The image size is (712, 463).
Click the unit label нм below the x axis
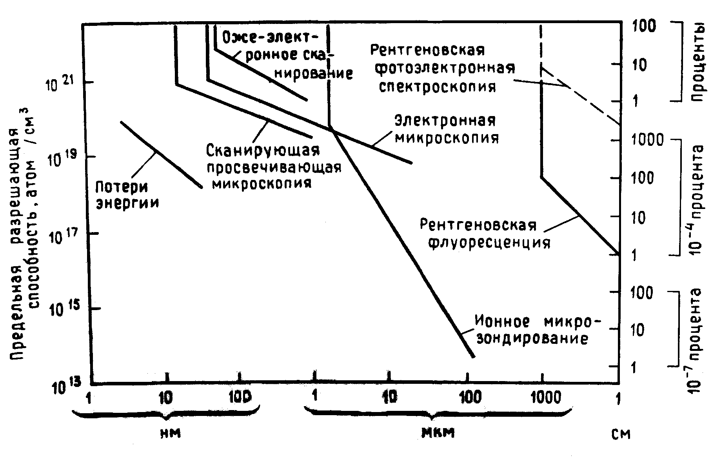click(171, 433)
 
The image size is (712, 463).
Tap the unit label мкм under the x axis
click(438, 433)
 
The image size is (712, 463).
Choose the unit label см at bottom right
click(620, 434)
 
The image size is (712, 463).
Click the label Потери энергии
click(128, 194)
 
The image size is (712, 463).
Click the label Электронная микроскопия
click(446, 129)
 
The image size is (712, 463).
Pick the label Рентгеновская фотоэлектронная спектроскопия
click(442, 68)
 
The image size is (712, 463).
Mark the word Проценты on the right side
click(698, 62)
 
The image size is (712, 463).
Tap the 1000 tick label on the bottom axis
click(545, 398)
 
